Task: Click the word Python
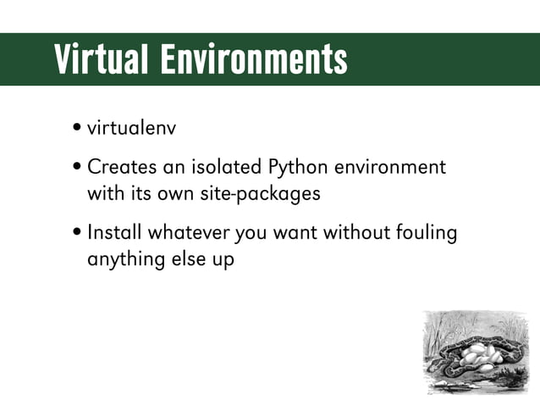pos(296,168)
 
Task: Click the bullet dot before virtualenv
pos(77,130)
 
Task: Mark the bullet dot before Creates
pos(77,167)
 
